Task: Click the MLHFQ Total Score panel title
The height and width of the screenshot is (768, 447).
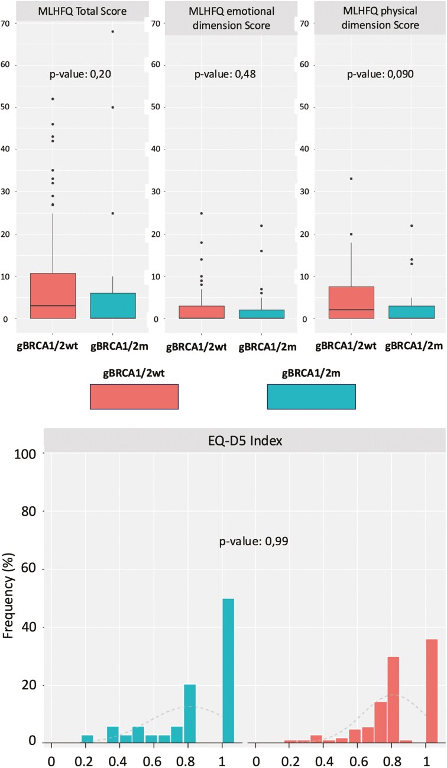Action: (82, 11)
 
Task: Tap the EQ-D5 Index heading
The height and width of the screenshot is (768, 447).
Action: (245, 441)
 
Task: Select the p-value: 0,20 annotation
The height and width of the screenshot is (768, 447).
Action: (80, 74)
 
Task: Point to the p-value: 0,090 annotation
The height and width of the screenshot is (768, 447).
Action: (380, 74)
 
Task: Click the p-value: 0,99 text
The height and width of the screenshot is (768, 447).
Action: (254, 541)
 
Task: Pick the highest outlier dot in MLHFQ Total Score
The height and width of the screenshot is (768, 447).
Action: (112, 31)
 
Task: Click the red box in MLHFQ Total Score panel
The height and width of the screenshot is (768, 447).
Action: (53, 296)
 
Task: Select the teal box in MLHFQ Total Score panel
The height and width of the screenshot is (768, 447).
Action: (113, 306)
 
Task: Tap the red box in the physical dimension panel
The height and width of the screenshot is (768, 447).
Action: (351, 302)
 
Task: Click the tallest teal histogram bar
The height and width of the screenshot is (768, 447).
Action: (228, 671)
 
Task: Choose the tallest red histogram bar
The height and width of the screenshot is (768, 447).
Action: (432, 691)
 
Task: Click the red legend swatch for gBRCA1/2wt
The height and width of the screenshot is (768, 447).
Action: (134, 396)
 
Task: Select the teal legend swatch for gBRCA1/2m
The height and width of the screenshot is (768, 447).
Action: (312, 396)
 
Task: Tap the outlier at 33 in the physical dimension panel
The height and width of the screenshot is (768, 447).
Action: (351, 178)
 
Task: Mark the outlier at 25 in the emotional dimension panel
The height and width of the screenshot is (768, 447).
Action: (202, 213)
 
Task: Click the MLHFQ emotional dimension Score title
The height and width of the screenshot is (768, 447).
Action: (231, 18)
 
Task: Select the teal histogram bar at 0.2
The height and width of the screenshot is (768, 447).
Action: (87, 739)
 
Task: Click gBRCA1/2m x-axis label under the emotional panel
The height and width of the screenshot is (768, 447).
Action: (268, 347)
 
